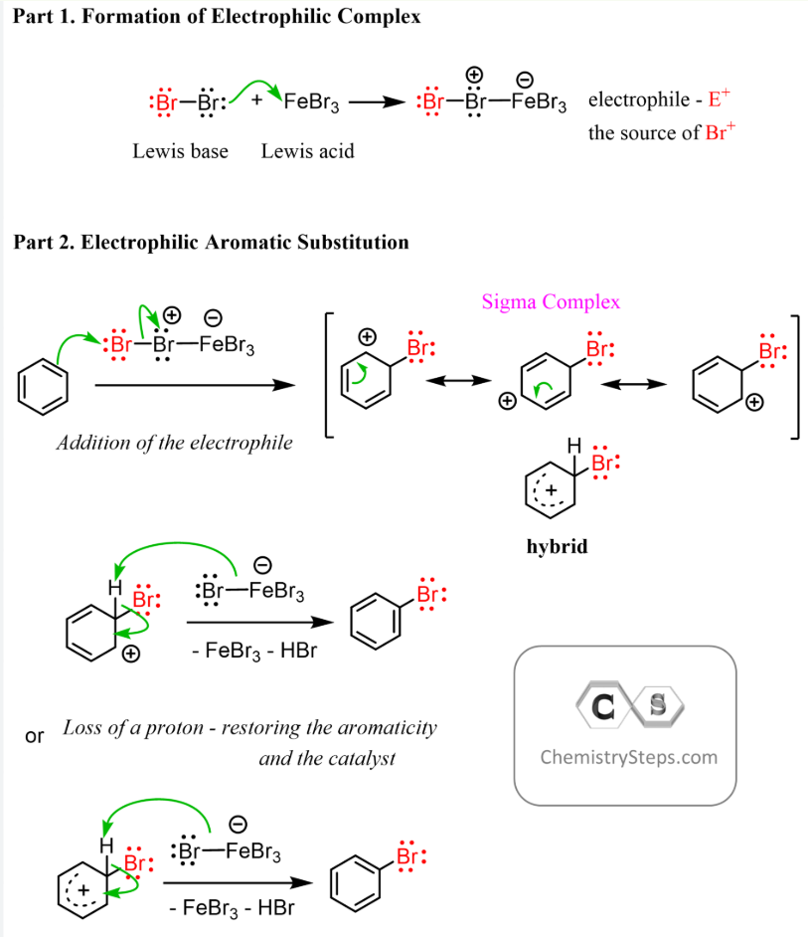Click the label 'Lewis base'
click(180, 151)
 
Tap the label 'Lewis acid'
click(307, 151)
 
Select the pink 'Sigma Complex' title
click(551, 301)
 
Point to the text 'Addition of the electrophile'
click(175, 442)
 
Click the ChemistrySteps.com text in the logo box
click(628, 757)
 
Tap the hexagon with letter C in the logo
click(602, 708)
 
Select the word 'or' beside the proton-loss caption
click(35, 737)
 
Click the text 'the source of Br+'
click(659, 132)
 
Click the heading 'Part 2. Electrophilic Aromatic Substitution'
click(211, 242)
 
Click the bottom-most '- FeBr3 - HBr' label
click(233, 907)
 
